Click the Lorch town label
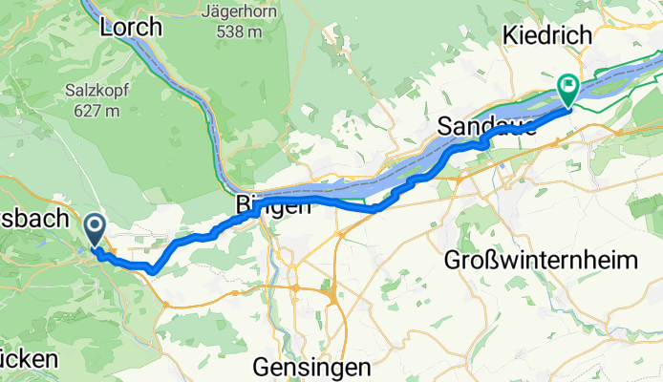(x=131, y=28)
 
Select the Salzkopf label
(x=93, y=91)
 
